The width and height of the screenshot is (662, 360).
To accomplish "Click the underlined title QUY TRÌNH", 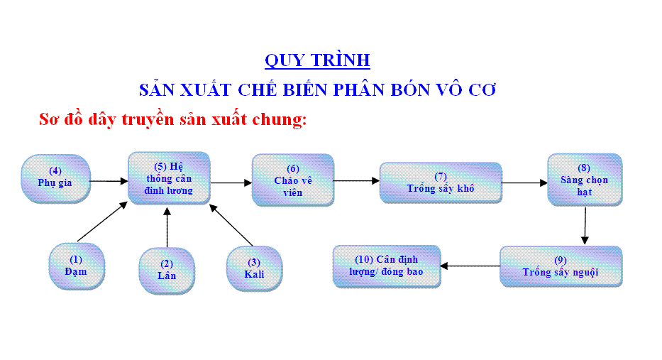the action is [x=317, y=60].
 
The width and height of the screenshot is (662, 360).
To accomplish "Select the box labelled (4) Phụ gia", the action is [x=56, y=178].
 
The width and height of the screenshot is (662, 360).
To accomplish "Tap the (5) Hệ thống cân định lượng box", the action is [x=169, y=178].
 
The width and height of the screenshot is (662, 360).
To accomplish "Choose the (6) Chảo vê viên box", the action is [x=293, y=180].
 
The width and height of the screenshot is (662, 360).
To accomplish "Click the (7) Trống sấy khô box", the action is [x=441, y=182].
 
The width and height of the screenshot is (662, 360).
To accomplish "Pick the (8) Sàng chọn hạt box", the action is [x=585, y=180].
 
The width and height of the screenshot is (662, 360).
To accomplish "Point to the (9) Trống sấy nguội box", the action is [x=561, y=266].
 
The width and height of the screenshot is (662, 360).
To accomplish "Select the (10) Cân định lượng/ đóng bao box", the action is [x=387, y=266].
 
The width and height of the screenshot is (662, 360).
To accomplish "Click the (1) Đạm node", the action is [x=77, y=266].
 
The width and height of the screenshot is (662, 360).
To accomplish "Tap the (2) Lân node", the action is [x=167, y=271].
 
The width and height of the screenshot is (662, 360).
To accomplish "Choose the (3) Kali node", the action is [x=254, y=268].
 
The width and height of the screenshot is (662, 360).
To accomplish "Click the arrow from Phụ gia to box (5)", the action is [x=109, y=181].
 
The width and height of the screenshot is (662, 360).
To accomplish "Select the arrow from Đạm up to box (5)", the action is [x=102, y=222].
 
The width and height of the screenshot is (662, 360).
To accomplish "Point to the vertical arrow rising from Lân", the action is [x=167, y=227].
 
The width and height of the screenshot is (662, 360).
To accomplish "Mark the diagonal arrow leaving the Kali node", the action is [x=231, y=225].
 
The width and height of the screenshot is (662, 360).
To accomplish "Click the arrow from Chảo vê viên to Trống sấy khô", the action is [x=357, y=181].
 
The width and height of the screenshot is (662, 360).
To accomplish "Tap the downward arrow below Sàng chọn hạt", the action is [x=585, y=226].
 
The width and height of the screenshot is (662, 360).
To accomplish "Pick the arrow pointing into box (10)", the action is [x=470, y=266].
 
